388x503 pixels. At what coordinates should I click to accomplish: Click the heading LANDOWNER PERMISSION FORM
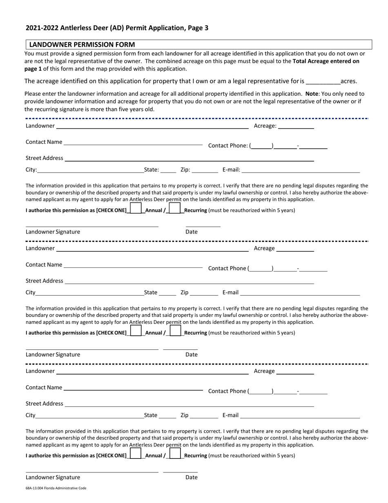(82, 45)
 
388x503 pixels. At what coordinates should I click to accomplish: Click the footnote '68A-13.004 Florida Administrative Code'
(56, 488)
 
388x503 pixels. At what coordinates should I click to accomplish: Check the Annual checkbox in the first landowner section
(136, 209)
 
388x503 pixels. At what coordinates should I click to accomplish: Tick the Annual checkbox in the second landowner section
(136, 331)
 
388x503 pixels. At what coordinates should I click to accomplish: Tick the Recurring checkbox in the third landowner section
(175, 454)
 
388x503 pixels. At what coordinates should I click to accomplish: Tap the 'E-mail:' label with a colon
(231, 170)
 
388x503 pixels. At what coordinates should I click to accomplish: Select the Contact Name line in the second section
(133, 266)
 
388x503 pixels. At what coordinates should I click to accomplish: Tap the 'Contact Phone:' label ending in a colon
(228, 146)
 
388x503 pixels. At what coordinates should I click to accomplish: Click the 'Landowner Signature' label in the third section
(53, 477)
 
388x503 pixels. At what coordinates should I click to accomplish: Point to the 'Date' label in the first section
(192, 232)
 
